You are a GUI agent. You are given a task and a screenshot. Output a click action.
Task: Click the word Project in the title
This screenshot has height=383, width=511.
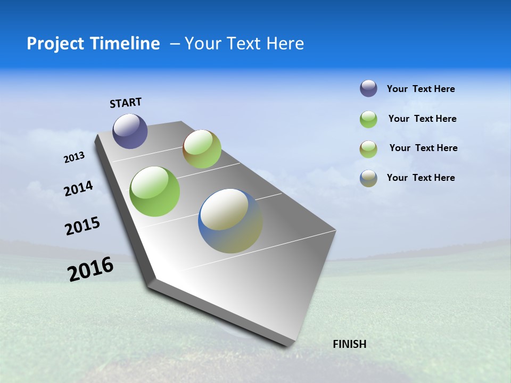54,44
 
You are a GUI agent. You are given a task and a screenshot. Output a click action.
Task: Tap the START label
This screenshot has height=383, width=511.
126,103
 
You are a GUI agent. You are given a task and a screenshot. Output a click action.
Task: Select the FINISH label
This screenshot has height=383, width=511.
350,344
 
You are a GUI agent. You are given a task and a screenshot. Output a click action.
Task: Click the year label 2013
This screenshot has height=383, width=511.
75,157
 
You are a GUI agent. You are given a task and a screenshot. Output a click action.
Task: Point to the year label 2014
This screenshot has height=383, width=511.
79,188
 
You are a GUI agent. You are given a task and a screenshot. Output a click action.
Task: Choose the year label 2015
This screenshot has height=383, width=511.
83,226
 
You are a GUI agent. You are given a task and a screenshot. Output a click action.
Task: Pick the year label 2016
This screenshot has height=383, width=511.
90,269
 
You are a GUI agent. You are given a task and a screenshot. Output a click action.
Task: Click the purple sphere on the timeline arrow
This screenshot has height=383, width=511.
130,131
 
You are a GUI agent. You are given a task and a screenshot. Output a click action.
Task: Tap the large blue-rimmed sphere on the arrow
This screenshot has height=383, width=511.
230,221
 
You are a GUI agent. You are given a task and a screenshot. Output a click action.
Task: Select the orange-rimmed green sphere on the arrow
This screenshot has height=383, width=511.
202,149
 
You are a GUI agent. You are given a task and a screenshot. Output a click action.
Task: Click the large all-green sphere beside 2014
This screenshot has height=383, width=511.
155,191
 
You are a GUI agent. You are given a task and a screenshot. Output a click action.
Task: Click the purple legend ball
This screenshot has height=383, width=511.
368,88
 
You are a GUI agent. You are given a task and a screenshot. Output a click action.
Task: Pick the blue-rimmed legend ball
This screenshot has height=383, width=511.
368,178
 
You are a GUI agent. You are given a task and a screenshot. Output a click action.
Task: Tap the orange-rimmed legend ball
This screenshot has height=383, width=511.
368,149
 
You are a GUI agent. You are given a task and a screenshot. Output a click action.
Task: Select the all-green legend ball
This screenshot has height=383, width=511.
368,119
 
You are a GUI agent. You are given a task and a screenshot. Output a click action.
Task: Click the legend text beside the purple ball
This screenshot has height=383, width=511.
421,89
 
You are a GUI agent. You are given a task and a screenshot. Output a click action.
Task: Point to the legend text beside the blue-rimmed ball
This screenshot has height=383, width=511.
421,178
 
